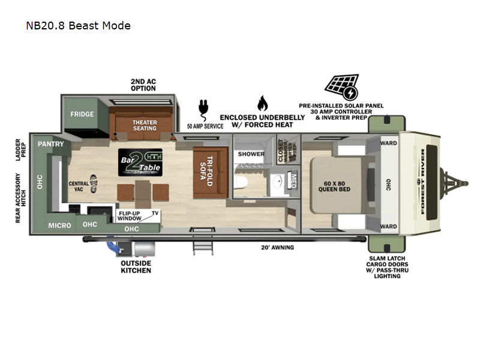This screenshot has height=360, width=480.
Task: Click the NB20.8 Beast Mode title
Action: pyautogui.click(x=78, y=25)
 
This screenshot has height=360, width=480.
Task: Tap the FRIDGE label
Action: pyautogui.click(x=82, y=114)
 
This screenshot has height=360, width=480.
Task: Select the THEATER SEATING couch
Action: pyautogui.click(x=144, y=125)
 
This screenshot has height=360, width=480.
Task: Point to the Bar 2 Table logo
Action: pyautogui.click(x=140, y=162)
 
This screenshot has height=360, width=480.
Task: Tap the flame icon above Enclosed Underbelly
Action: pyautogui.click(x=262, y=103)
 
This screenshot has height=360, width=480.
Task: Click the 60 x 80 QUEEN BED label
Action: pyautogui.click(x=335, y=186)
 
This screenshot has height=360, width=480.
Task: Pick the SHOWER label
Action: pyautogui.click(x=251, y=154)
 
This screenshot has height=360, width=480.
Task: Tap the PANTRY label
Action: pyautogui.click(x=50, y=144)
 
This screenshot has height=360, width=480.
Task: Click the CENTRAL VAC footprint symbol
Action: pyautogui.click(x=93, y=183)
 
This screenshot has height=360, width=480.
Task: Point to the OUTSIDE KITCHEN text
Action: pyautogui.click(x=136, y=266)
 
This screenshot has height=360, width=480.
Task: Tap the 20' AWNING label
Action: pyautogui.click(x=277, y=247)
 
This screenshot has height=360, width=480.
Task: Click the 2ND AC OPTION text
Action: pyautogui.click(x=143, y=85)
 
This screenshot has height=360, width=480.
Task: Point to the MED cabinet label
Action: pyautogui.click(x=293, y=181)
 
